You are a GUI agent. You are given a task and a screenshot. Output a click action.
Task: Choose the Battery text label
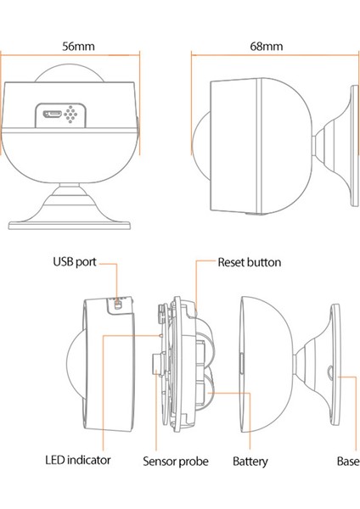[250, 461]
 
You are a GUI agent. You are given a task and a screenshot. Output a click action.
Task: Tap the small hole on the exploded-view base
[329, 370]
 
